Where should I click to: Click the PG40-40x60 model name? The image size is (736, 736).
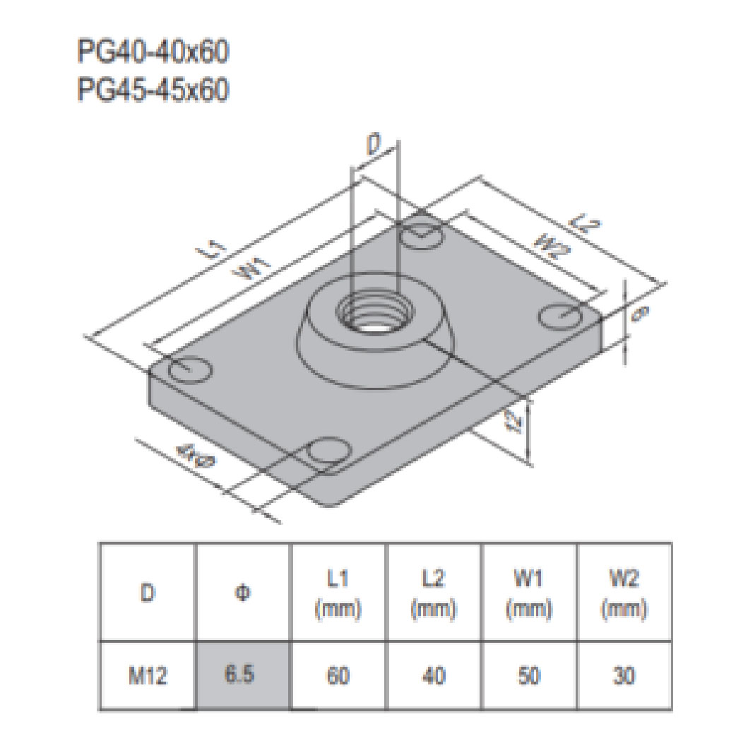[153, 53]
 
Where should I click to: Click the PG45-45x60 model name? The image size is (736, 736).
[153, 90]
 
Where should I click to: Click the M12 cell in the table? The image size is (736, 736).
[148, 676]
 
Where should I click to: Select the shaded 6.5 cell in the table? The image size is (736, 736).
[244, 676]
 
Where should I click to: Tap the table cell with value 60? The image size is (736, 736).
[338, 676]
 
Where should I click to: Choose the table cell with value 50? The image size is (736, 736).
[528, 676]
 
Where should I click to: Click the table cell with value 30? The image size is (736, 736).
[624, 676]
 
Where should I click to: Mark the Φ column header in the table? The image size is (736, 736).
[244, 592]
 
